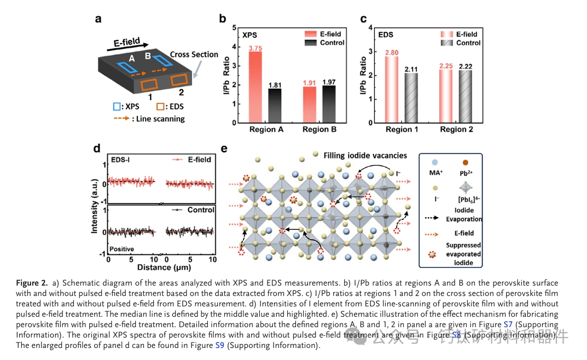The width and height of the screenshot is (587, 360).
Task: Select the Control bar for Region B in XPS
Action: click(328, 104)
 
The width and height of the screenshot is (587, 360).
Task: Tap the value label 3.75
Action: click(255, 49)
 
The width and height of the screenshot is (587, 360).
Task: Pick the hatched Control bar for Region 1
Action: click(411, 97)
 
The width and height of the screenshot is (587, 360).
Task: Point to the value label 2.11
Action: click(411, 69)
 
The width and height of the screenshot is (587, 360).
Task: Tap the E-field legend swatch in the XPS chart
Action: click(311, 34)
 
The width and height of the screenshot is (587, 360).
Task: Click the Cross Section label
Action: click(194, 55)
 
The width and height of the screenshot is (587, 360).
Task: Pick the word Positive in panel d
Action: click(122, 249)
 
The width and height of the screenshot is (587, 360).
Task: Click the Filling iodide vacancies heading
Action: click(365, 155)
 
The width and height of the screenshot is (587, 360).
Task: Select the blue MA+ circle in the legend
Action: click(433, 163)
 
